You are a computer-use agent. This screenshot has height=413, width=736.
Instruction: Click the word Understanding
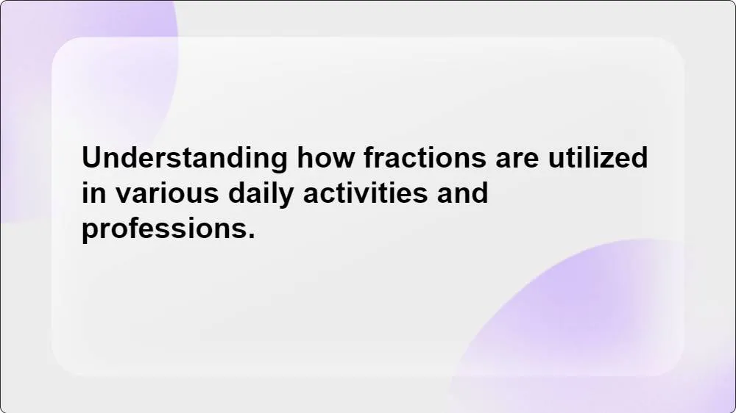coord(184,159)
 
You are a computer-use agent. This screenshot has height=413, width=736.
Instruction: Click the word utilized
coord(598,159)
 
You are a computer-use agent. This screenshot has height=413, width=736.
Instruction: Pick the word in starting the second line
coord(90,194)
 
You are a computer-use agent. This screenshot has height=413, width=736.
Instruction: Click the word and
coord(462,194)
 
